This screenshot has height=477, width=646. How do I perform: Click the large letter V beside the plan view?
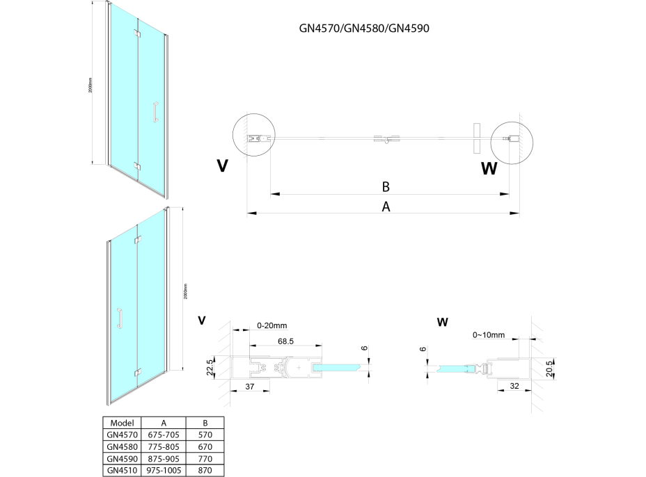[x=222, y=165]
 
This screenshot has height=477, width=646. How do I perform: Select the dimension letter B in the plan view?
[x=385, y=186]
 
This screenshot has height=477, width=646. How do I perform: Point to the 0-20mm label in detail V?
[x=271, y=324]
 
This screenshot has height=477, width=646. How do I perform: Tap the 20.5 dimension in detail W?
[x=551, y=366]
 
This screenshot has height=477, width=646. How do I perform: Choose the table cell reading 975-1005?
[x=163, y=470]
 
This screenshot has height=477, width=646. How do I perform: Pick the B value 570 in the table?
[x=205, y=434]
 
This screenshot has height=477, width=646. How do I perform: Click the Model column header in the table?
[x=121, y=422]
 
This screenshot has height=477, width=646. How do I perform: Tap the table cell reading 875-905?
[x=163, y=458]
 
